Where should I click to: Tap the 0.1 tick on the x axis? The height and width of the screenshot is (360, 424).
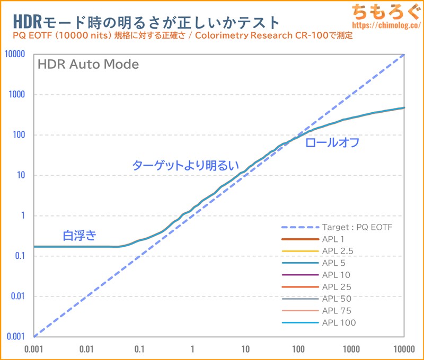[x=139, y=349]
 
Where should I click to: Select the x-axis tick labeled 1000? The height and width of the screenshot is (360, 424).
[x=351, y=349]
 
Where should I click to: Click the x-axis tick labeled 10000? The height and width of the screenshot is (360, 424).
[x=404, y=349]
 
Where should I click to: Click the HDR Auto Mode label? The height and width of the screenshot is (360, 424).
[x=87, y=65]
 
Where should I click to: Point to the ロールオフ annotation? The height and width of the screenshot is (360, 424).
[x=333, y=142]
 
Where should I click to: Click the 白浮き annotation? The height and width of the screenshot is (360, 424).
[x=79, y=235]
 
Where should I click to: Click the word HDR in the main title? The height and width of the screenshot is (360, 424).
[x=24, y=22]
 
